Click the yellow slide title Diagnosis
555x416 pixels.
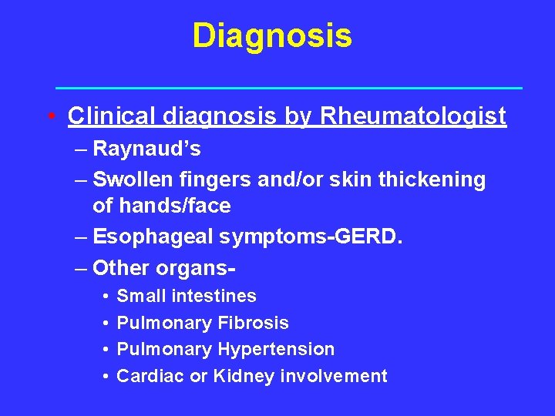[x=272, y=35]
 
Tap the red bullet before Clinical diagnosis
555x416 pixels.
[x=50, y=117]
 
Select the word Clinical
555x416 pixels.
[x=113, y=116]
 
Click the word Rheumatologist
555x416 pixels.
[x=413, y=116]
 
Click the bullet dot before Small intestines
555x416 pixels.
[x=104, y=297]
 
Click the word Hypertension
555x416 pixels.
[x=276, y=350]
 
